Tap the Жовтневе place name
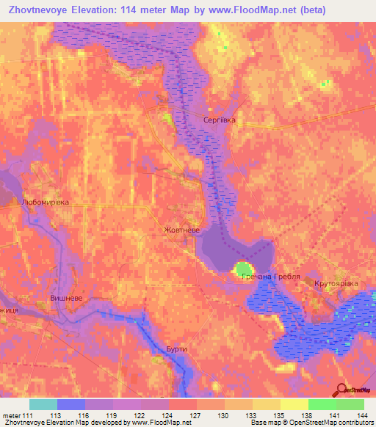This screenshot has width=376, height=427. [x=181, y=230]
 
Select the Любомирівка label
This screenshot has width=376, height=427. [x=46, y=201]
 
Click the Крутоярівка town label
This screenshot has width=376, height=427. [x=336, y=282]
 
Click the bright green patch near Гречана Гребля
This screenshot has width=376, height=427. [x=243, y=269]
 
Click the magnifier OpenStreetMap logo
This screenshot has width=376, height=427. [x=342, y=390]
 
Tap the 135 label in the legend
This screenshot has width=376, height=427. [x=281, y=415]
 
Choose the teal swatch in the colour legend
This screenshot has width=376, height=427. [x=43, y=404]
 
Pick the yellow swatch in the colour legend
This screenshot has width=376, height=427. [x=294, y=404]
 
